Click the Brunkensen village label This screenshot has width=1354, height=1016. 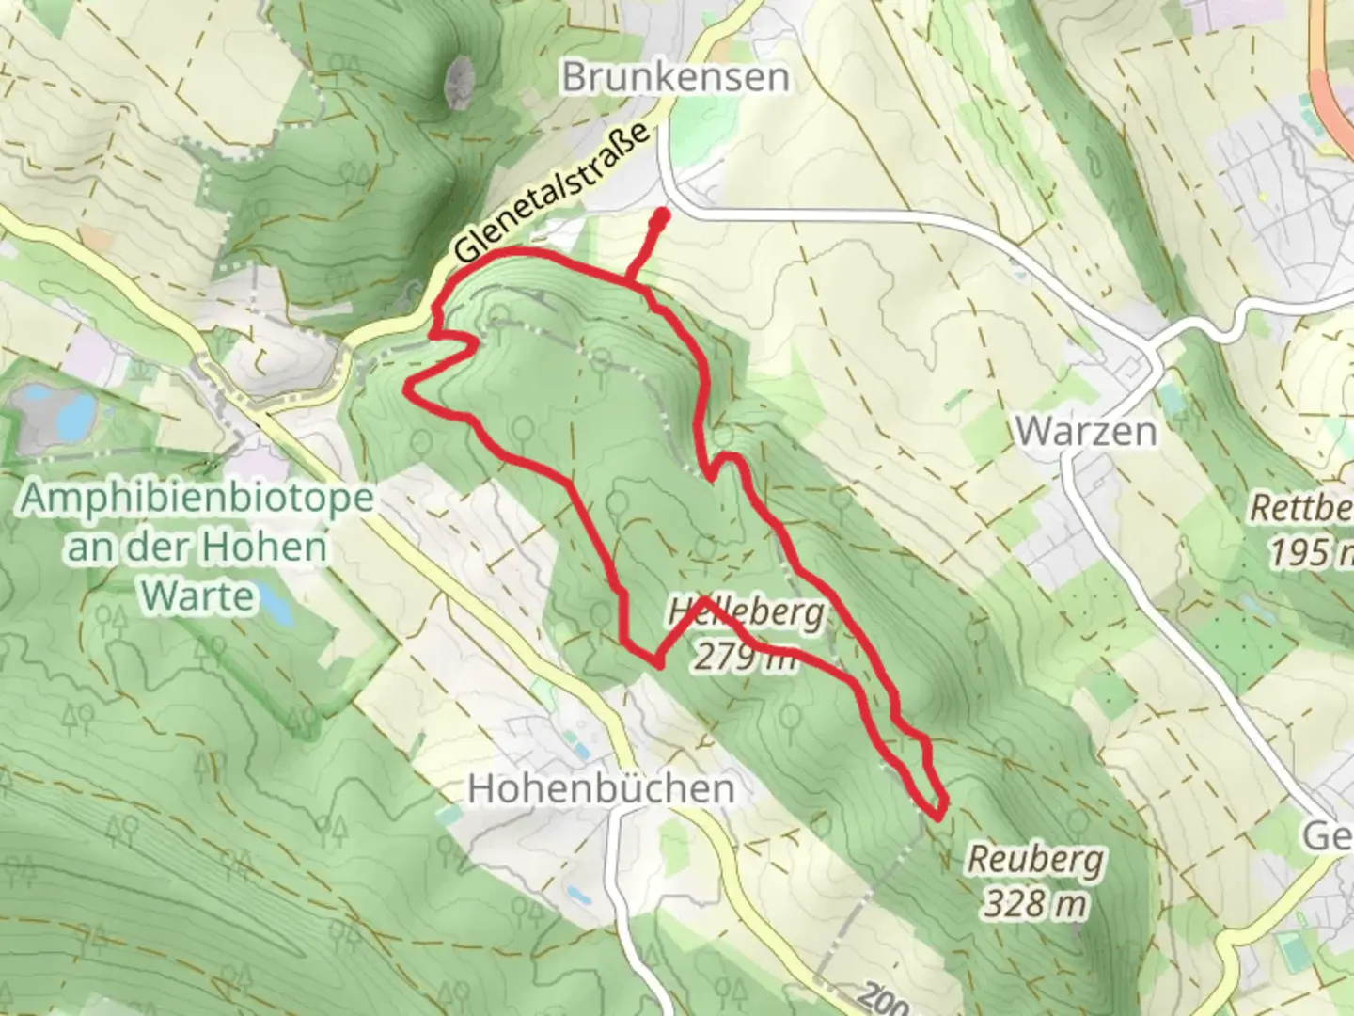[675, 77]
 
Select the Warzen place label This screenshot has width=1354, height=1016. [1086, 431]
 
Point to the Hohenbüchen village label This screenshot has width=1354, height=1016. [601, 788]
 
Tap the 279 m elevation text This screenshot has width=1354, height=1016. [746, 656]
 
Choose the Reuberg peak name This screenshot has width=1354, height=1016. [1036, 859]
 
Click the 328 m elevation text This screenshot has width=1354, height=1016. [1035, 903]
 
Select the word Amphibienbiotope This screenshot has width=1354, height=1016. [197, 498]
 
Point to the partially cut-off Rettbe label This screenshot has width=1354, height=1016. [1301, 509]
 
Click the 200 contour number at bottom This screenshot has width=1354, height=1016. [883, 1000]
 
